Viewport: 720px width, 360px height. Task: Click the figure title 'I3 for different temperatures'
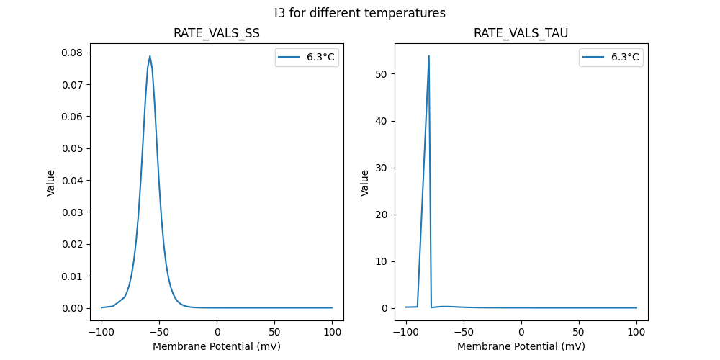pos(360,13)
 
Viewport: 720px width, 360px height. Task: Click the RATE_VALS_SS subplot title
pos(217,34)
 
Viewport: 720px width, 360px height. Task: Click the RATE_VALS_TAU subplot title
pos(521,34)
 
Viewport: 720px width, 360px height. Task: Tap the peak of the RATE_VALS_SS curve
pos(150,56)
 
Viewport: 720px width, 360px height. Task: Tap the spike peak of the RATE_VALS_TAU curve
pos(429,56)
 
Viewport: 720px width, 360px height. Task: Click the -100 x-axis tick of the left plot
pos(102,333)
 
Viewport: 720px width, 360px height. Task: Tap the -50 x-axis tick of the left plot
pos(159,333)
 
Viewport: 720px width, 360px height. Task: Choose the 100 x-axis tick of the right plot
pos(636,333)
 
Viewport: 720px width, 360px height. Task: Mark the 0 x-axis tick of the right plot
pos(521,333)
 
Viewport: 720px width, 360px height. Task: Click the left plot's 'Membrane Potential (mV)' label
pos(217,346)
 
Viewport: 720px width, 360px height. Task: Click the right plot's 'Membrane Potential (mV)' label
pos(521,346)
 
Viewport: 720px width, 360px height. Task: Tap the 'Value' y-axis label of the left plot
pos(51,183)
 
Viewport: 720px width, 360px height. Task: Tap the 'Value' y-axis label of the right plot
pos(365,183)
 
